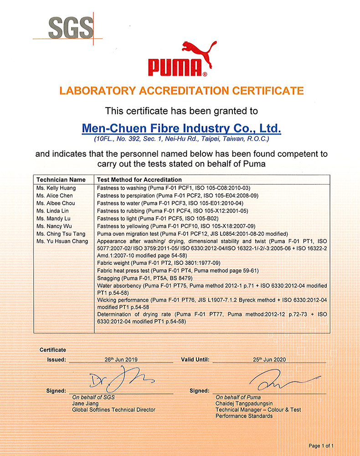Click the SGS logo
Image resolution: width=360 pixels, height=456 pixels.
point(71,28)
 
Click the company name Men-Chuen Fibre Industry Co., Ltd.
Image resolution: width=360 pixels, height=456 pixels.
point(181,127)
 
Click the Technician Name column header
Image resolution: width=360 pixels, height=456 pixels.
point(61,180)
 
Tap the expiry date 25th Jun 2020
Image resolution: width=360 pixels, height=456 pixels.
point(269,359)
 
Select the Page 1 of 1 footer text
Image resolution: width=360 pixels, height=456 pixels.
point(321,446)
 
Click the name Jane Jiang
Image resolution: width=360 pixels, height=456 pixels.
point(85,403)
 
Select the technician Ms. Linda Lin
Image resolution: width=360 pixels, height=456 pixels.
point(51,211)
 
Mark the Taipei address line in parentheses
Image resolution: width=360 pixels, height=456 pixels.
point(181,138)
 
